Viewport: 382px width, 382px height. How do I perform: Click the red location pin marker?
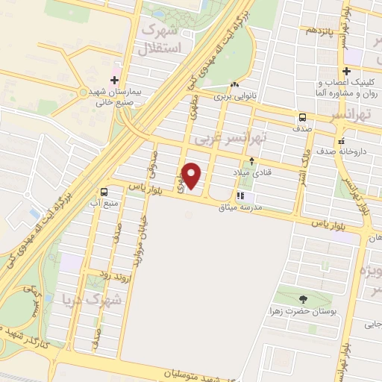(192, 175)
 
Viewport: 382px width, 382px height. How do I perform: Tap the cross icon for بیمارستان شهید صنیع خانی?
(114, 78)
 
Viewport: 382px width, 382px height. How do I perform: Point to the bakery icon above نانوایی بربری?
(235, 85)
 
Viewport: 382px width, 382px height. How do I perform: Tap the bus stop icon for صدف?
(303, 117)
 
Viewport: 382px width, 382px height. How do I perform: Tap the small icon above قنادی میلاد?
(252, 160)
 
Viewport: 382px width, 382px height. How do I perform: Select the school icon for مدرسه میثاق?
(239, 196)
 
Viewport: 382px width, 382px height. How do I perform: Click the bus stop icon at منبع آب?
(104, 191)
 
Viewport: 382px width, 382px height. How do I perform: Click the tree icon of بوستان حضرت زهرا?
(302, 299)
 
